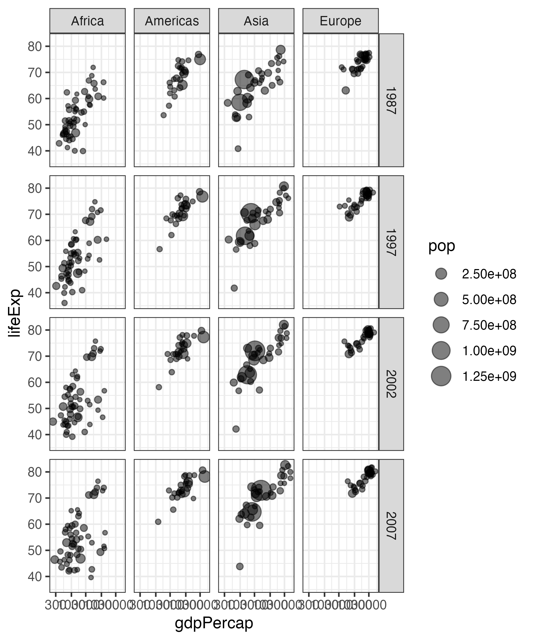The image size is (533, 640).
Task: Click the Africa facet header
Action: pyautogui.click(x=87, y=21)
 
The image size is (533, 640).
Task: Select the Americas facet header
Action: pyautogui.click(x=172, y=21)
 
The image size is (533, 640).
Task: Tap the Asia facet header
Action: pyautogui.click(x=256, y=21)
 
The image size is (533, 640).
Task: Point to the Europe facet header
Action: pyautogui.click(x=341, y=21)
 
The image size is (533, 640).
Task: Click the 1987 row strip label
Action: pyautogui.click(x=391, y=100)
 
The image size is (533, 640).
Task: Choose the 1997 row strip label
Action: pyautogui.click(x=391, y=242)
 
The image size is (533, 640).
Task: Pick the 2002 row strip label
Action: pyautogui.click(x=391, y=384)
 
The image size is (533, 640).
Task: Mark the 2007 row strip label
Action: pyautogui.click(x=391, y=526)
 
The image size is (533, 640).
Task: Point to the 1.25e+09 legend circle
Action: pyautogui.click(x=441, y=376)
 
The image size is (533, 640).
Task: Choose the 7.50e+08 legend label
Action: pyautogui.click(x=489, y=325)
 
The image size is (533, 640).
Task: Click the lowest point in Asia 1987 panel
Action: pyautogui.click(x=238, y=149)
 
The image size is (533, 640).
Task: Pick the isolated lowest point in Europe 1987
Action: pyautogui.click(x=346, y=90)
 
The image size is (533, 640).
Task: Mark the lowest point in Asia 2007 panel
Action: pyautogui.click(x=240, y=566)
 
